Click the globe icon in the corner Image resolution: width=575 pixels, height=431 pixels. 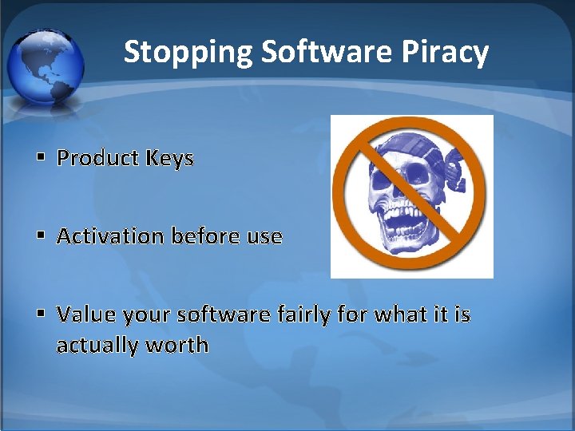click(x=46, y=66)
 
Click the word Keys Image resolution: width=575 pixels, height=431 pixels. click(x=169, y=158)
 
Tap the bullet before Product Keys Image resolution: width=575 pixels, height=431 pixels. click(x=39, y=158)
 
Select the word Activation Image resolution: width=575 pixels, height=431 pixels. click(x=109, y=236)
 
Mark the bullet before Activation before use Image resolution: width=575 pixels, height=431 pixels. click(x=39, y=237)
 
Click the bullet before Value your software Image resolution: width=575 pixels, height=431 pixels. click(x=39, y=315)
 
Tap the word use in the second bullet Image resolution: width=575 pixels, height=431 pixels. click(x=265, y=237)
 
